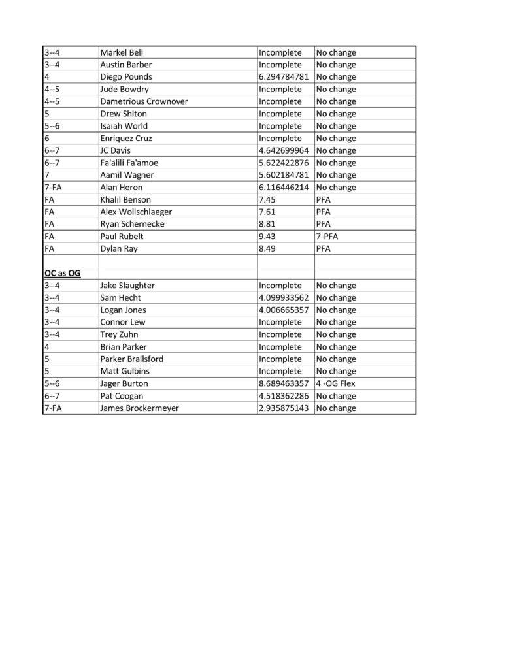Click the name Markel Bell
coord(122,53)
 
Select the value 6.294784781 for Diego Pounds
coord(285,77)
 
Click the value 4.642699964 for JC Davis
coord(285,150)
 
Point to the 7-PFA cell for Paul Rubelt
coord(327,236)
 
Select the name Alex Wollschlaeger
coord(136,212)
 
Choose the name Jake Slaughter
coord(127,286)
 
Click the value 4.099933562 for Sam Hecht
coord(285,298)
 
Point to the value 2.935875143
coord(285,408)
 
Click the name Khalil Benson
coord(125,199)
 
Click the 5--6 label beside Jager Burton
coord(52,383)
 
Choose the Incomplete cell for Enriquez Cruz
coord(280,139)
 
